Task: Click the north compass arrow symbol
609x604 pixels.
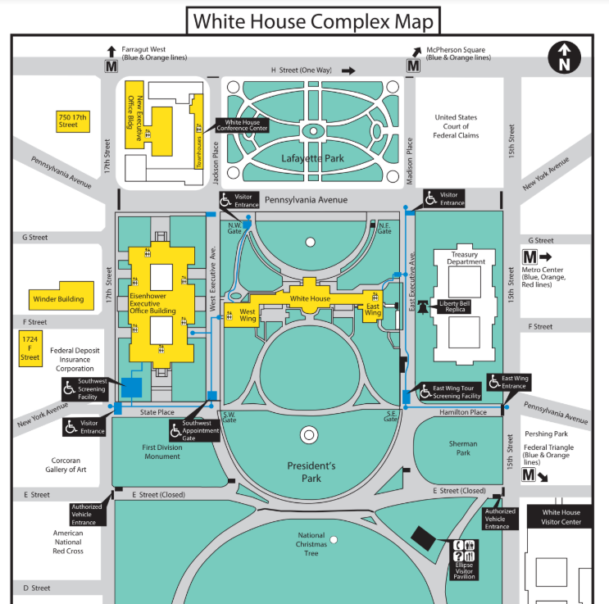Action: click(564, 57)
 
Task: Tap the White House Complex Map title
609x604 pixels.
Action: click(311, 20)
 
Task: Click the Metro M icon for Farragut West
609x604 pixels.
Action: click(110, 65)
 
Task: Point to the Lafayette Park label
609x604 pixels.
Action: click(311, 158)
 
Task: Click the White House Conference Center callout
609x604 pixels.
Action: click(243, 126)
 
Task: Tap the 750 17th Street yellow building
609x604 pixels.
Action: click(72, 121)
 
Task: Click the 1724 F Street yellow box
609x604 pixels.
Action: click(30, 347)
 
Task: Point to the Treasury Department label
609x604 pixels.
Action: click(463, 258)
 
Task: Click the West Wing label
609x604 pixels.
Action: click(247, 316)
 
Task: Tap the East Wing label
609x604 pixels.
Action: click(373, 310)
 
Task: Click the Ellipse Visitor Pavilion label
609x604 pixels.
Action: click(464, 570)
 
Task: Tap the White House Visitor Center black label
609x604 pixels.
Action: click(561, 517)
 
